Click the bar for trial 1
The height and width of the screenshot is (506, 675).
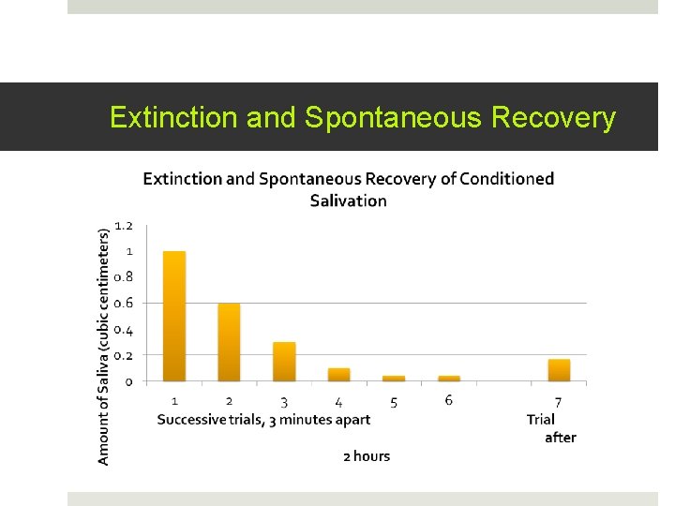click(x=174, y=316)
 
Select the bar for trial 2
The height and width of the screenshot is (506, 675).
click(x=229, y=342)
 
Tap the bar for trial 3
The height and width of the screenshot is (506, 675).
click(x=284, y=362)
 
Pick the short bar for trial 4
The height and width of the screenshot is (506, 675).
click(x=338, y=375)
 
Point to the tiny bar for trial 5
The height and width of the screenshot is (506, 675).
click(x=394, y=379)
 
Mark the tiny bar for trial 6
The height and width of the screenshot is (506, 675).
click(x=449, y=379)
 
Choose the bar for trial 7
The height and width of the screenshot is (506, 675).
click(x=559, y=370)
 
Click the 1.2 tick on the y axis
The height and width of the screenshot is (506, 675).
click(x=124, y=226)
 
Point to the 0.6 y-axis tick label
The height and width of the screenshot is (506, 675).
click(x=124, y=304)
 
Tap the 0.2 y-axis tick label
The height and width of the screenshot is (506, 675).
click(x=124, y=356)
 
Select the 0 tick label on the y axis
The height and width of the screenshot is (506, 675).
click(x=128, y=381)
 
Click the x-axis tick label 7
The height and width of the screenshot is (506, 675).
click(x=558, y=402)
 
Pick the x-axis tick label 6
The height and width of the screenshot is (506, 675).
click(x=449, y=400)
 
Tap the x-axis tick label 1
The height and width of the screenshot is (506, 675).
click(x=174, y=402)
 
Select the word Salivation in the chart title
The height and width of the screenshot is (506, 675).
click(x=348, y=201)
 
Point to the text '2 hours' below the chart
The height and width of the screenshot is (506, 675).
click(x=366, y=456)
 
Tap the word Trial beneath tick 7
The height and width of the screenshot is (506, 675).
click(x=541, y=420)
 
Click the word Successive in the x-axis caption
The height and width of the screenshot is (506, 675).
click(x=191, y=420)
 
